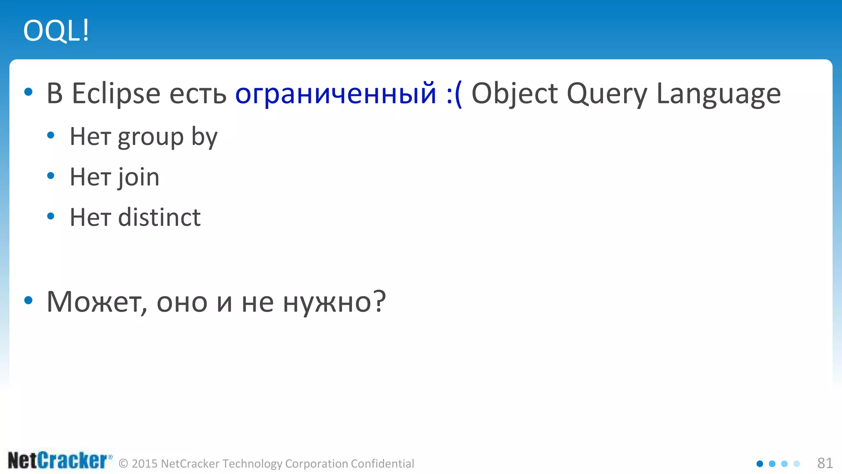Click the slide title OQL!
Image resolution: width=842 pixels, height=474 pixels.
pos(56,31)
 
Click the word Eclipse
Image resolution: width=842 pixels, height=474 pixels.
pos(116,94)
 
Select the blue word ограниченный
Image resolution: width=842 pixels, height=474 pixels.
pos(335,94)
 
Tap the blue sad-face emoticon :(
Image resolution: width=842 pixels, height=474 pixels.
pos(454,94)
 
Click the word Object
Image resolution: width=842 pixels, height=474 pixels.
pos(514,94)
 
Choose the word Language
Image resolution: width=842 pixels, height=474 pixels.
pos(718,94)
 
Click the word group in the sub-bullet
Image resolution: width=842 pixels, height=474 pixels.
pos(150,137)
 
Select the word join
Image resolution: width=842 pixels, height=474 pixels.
pos(139,177)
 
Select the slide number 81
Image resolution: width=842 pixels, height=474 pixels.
pos(825,463)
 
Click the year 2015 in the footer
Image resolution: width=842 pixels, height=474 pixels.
pos(145,464)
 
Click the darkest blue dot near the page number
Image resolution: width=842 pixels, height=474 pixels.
pos(760,464)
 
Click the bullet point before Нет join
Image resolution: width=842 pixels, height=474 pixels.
pos(51,176)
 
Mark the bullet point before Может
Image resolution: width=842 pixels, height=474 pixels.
pos(28,301)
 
